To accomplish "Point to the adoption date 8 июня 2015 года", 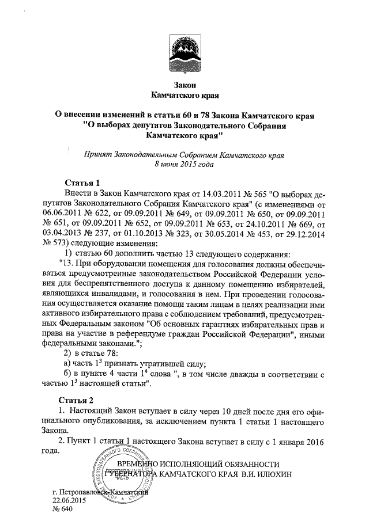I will pyautogui.click(x=184, y=164).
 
